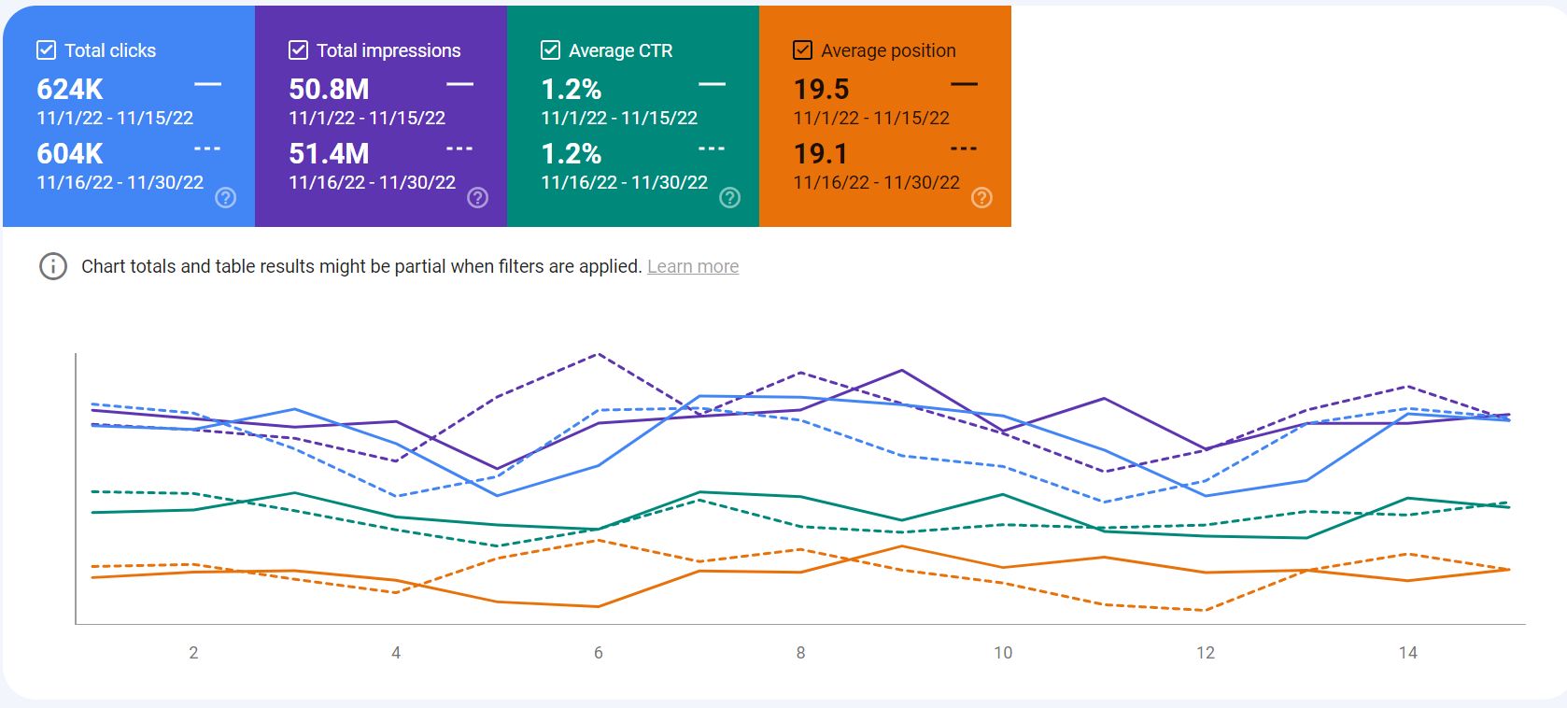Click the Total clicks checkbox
46,50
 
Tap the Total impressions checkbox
298,50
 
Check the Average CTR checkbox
550,50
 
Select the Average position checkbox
802,50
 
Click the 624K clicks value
70,90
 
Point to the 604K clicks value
70,154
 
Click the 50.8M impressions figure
329,90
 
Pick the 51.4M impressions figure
329,154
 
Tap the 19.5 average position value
821,90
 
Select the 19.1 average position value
820,154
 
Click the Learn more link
693,266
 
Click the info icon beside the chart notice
53,266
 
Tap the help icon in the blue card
225,197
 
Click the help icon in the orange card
981,197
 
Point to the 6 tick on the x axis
599,653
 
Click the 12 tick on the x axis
1206,653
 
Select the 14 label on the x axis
1407,653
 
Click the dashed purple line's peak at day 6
598,354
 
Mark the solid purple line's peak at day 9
901,370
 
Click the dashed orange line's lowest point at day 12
1206,610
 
